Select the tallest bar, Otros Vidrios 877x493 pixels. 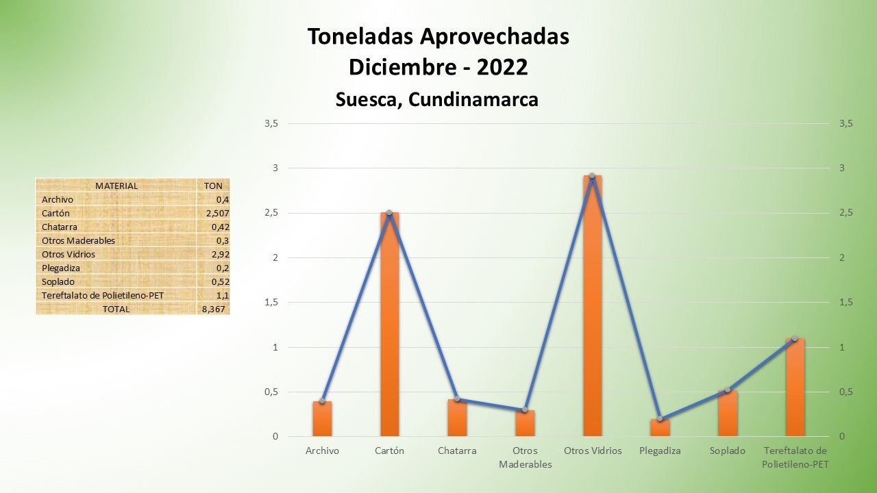pyautogui.click(x=592, y=308)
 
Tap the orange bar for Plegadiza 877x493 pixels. pyautogui.click(x=660, y=428)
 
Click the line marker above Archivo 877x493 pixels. pyautogui.click(x=322, y=401)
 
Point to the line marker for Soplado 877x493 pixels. pyautogui.click(x=728, y=390)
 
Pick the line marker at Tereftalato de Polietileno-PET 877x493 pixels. pyautogui.click(x=795, y=338)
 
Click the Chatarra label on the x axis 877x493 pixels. pyautogui.click(x=457, y=451)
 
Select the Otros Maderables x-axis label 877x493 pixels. pyautogui.click(x=525, y=457)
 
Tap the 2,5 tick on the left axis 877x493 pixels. pyautogui.click(x=271, y=213)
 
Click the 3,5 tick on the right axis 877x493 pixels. pyautogui.click(x=845, y=123)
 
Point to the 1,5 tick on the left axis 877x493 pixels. pyautogui.click(x=271, y=303)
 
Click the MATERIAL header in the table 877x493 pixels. pyautogui.click(x=116, y=186)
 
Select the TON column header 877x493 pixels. pyautogui.click(x=213, y=186)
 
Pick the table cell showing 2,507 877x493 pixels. pyautogui.click(x=215, y=213)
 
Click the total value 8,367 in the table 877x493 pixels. pyautogui.click(x=214, y=309)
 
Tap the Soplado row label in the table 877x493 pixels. pyautogui.click(x=58, y=281)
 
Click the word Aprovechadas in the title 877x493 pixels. pyautogui.click(x=497, y=36)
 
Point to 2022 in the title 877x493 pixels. pyautogui.click(x=502, y=67)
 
